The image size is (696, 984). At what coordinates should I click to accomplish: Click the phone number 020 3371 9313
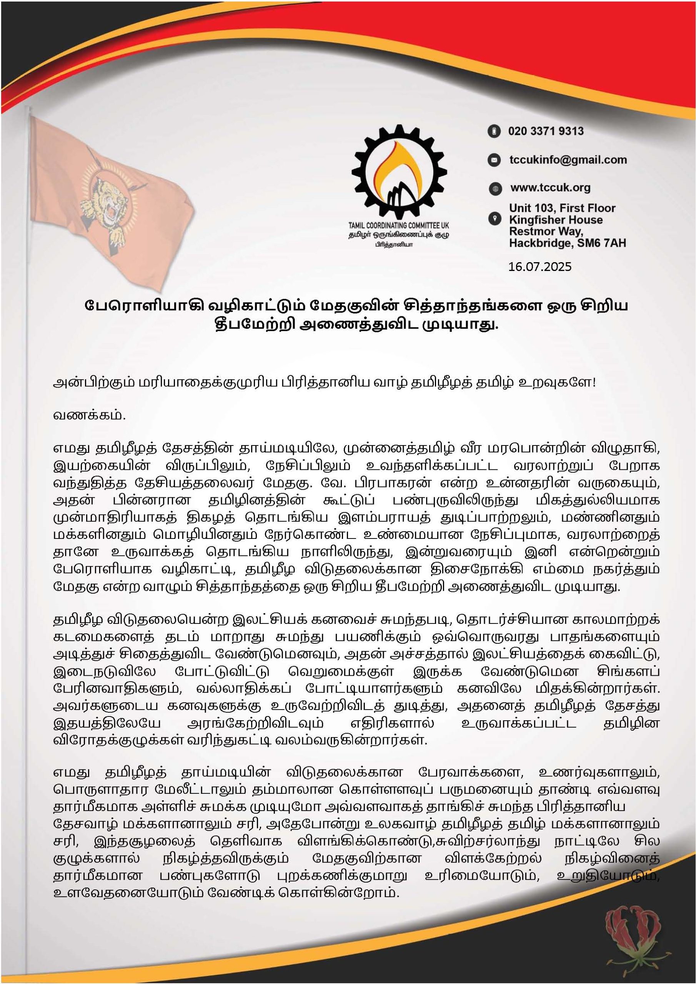(546, 131)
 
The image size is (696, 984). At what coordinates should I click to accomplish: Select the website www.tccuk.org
(550, 188)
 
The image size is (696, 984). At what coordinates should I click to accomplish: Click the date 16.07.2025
(539, 267)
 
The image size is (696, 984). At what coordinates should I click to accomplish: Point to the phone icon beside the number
(495, 131)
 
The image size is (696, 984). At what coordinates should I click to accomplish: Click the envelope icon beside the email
(495, 160)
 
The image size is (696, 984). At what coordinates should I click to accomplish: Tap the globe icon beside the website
(495, 189)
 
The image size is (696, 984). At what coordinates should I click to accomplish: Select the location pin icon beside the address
(495, 219)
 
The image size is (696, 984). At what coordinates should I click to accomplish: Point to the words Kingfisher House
(556, 220)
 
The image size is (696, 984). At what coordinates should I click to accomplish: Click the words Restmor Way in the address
(546, 231)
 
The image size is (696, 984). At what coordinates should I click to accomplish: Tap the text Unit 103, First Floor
(562, 208)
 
